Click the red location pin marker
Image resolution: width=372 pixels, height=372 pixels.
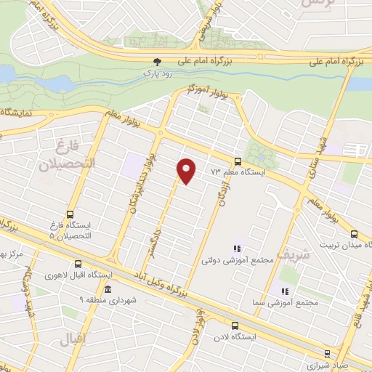[x=187, y=171]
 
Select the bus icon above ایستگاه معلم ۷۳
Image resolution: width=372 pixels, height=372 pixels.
[x=238, y=161]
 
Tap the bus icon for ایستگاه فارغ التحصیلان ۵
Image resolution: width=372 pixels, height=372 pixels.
[x=70, y=214]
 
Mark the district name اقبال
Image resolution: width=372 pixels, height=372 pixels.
[x=73, y=339]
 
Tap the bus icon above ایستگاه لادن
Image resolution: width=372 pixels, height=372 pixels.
[x=234, y=326]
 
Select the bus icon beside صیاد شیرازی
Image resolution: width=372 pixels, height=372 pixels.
[x=327, y=354]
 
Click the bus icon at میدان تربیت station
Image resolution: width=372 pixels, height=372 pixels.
[x=354, y=234]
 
